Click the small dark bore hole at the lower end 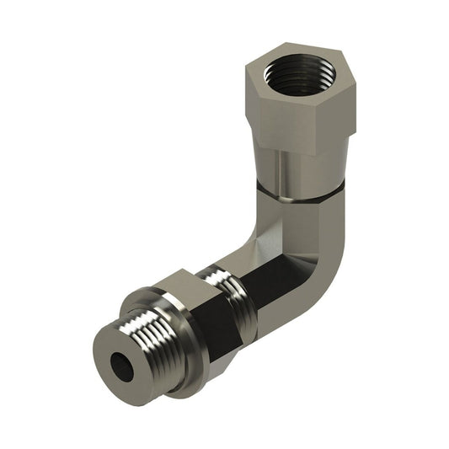[x=126, y=364]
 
